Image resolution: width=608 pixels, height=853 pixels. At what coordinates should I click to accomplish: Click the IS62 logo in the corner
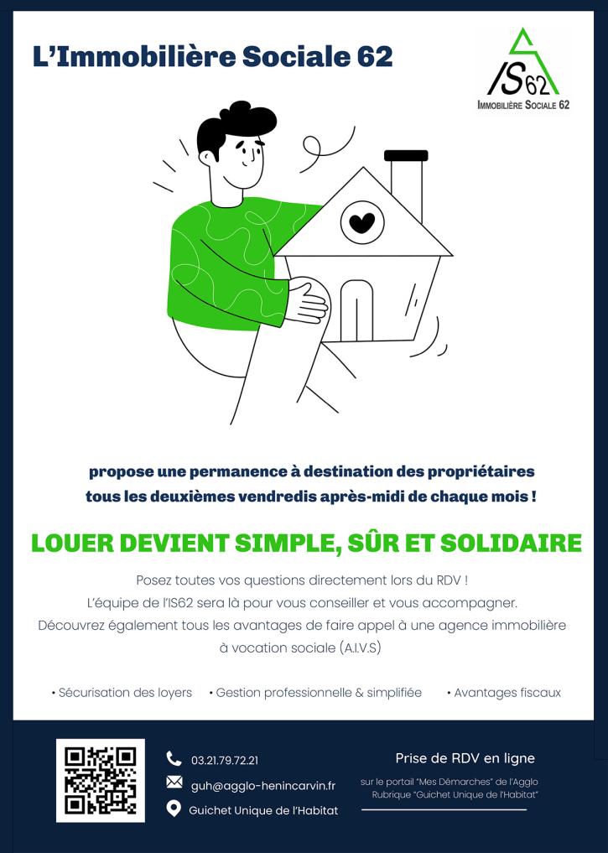[523, 69]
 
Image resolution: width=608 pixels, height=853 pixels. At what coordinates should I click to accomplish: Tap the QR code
[100, 780]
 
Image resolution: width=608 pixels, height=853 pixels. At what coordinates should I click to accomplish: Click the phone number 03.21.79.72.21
[225, 761]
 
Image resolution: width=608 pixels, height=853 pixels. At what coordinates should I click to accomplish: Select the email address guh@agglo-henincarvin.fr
[263, 786]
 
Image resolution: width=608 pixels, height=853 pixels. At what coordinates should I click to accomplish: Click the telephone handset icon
[174, 758]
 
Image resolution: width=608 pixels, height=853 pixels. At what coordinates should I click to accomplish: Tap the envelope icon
[174, 783]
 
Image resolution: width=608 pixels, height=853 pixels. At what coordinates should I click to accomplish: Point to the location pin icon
[174, 809]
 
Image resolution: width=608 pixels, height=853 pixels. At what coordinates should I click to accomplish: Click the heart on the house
[362, 222]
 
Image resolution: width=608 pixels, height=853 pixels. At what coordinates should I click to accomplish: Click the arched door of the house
[356, 310]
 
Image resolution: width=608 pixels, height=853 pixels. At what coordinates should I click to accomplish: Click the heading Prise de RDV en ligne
[465, 758]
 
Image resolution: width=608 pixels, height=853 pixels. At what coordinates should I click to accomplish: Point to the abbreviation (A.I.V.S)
[360, 648]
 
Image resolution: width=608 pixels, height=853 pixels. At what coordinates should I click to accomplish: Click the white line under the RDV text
[444, 810]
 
